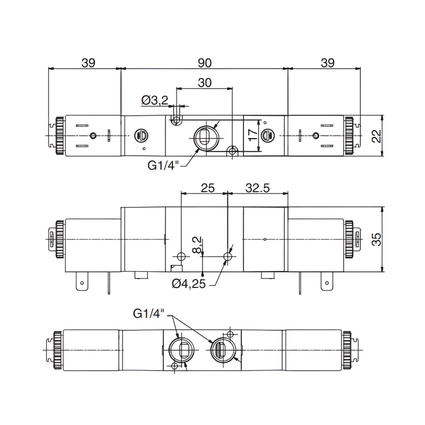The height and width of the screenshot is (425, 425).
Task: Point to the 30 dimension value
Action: point(204,83)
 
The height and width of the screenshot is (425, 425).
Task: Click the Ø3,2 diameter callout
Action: point(154,100)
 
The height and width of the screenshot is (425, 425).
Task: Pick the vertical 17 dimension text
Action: point(253,133)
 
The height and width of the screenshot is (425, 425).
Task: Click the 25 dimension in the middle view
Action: point(207,188)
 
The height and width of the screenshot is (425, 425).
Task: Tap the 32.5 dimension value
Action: point(257,188)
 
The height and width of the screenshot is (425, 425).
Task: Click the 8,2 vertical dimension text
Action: point(197,244)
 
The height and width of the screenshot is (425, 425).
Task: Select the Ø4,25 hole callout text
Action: point(189,284)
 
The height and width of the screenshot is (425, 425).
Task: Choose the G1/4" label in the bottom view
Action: point(149,313)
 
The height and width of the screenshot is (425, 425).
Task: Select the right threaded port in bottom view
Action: point(220,348)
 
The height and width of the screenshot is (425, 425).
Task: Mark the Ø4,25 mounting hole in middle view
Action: point(228,256)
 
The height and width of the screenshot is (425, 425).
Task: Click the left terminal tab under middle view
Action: point(80,282)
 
